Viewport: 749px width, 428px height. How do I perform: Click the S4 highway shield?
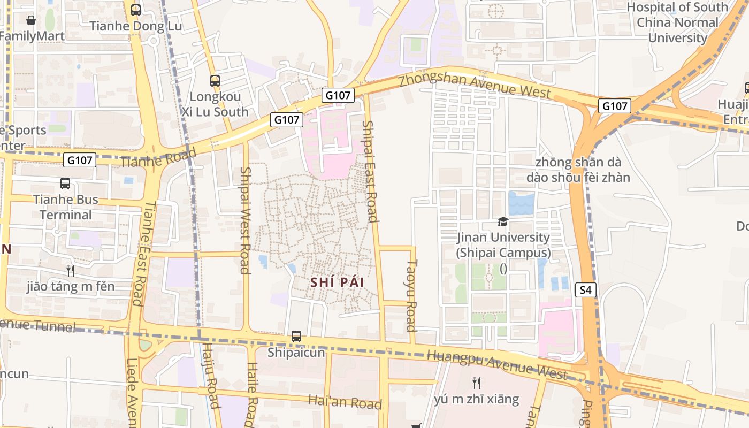pyautogui.click(x=586, y=291)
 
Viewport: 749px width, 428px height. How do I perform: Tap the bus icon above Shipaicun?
pyautogui.click(x=296, y=337)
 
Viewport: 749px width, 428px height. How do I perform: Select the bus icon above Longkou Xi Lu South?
pyautogui.click(x=215, y=81)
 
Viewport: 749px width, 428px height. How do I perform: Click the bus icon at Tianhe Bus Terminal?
pyautogui.click(x=65, y=184)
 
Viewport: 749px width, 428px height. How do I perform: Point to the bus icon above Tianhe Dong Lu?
pyautogui.click(x=136, y=10)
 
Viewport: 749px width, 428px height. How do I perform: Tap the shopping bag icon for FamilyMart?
pyautogui.click(x=31, y=20)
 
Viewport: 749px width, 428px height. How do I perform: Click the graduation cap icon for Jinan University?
pyautogui.click(x=503, y=221)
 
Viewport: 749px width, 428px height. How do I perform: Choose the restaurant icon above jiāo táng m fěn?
pyautogui.click(x=70, y=270)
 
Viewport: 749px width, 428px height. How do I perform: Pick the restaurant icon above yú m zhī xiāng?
pyautogui.click(x=477, y=383)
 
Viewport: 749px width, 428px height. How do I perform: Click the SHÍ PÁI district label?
pyautogui.click(x=337, y=282)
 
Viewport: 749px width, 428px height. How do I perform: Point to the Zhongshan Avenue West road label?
pyautogui.click(x=475, y=86)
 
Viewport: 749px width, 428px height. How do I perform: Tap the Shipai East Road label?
pyautogui.click(x=370, y=171)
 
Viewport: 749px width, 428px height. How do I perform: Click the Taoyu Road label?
pyautogui.click(x=411, y=295)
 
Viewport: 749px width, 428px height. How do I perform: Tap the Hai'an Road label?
pyautogui.click(x=345, y=402)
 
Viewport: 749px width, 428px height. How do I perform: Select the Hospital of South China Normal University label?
pyautogui.click(x=677, y=22)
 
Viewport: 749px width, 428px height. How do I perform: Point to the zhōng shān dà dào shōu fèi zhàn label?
pyautogui.click(x=578, y=170)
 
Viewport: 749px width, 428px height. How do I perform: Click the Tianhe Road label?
pyautogui.click(x=158, y=157)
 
